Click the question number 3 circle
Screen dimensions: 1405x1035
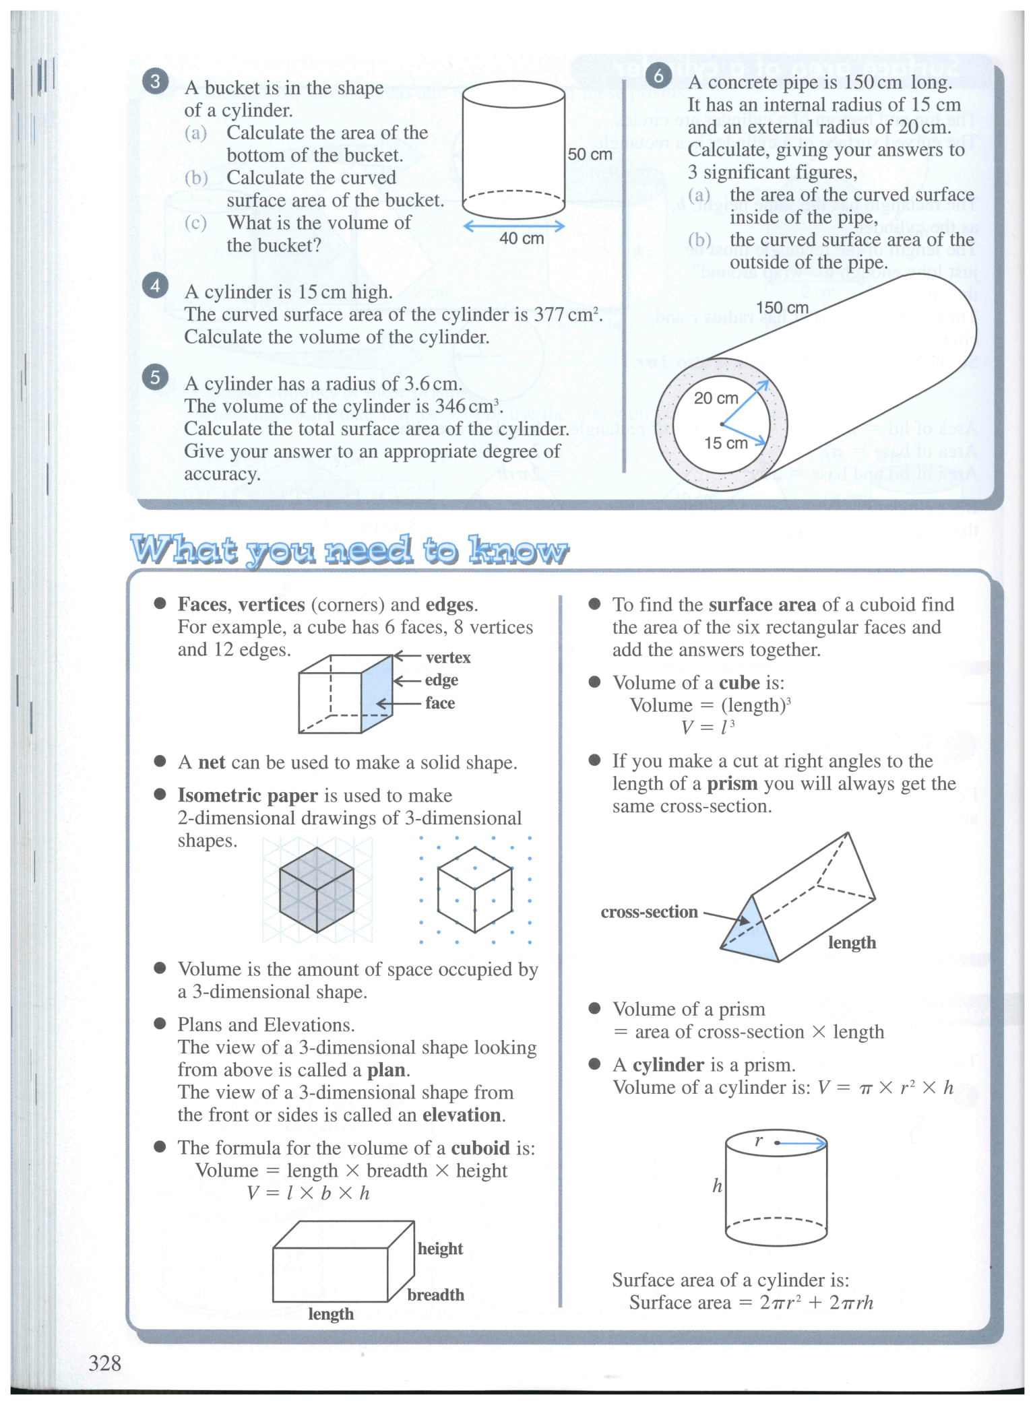[155, 82]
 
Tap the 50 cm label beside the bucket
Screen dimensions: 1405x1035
[590, 154]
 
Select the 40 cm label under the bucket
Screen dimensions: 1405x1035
[521, 238]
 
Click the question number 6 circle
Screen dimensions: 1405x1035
[658, 75]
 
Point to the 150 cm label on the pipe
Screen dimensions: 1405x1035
[782, 308]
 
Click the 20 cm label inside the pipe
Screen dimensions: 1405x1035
[716, 398]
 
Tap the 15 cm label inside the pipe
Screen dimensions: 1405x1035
[726, 443]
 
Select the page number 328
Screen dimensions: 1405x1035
[104, 1363]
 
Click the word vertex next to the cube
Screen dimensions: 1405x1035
[448, 657]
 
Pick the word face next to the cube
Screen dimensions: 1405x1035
[440, 702]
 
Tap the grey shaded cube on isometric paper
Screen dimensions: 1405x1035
[316, 889]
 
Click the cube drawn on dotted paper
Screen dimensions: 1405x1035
[474, 889]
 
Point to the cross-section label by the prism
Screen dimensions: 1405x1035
[649, 912]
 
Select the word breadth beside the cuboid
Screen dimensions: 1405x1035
[435, 1295]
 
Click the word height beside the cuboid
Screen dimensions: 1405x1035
[440, 1248]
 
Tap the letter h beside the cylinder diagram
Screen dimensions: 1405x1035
[718, 1185]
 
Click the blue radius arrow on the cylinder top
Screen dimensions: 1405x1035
[802, 1143]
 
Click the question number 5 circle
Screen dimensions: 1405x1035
[155, 377]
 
